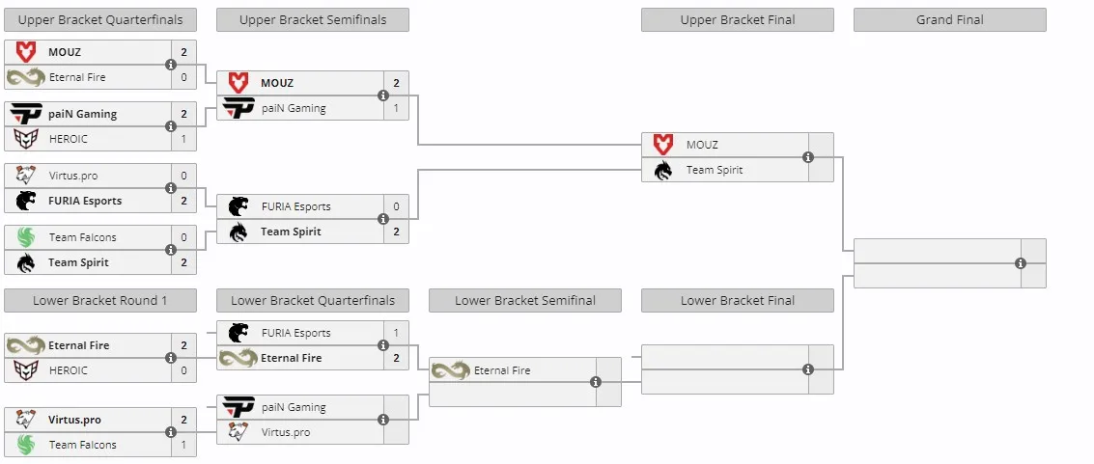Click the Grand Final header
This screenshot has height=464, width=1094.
(x=949, y=20)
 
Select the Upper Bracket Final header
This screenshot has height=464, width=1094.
(x=738, y=20)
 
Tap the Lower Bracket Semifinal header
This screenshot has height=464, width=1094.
(x=525, y=301)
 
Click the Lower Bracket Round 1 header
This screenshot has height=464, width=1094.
(x=100, y=301)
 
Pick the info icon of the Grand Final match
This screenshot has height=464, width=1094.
(x=1021, y=263)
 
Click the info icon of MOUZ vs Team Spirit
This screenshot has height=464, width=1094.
(x=808, y=157)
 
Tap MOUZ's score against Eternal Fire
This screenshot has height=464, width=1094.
(x=184, y=52)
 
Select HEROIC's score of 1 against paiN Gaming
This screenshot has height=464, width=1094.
(x=184, y=139)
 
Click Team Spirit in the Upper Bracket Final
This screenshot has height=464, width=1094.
(x=715, y=170)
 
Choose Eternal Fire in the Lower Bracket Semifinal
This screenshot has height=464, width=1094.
(x=502, y=370)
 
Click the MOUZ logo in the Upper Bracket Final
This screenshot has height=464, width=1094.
(x=662, y=145)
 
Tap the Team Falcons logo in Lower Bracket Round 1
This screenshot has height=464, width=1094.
(x=26, y=445)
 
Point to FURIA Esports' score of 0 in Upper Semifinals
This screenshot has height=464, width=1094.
(x=396, y=206)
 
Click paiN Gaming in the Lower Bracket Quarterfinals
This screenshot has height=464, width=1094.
(x=294, y=407)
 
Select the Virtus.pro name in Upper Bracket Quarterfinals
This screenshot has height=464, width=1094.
(x=74, y=176)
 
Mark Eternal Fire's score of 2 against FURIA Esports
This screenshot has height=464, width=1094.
(x=396, y=358)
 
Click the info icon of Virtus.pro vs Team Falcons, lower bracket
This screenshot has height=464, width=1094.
(x=171, y=432)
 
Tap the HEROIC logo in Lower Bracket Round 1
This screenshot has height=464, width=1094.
(x=26, y=370)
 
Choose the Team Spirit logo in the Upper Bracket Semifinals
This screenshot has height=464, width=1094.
(x=238, y=232)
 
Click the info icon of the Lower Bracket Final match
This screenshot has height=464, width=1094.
(x=808, y=369)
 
